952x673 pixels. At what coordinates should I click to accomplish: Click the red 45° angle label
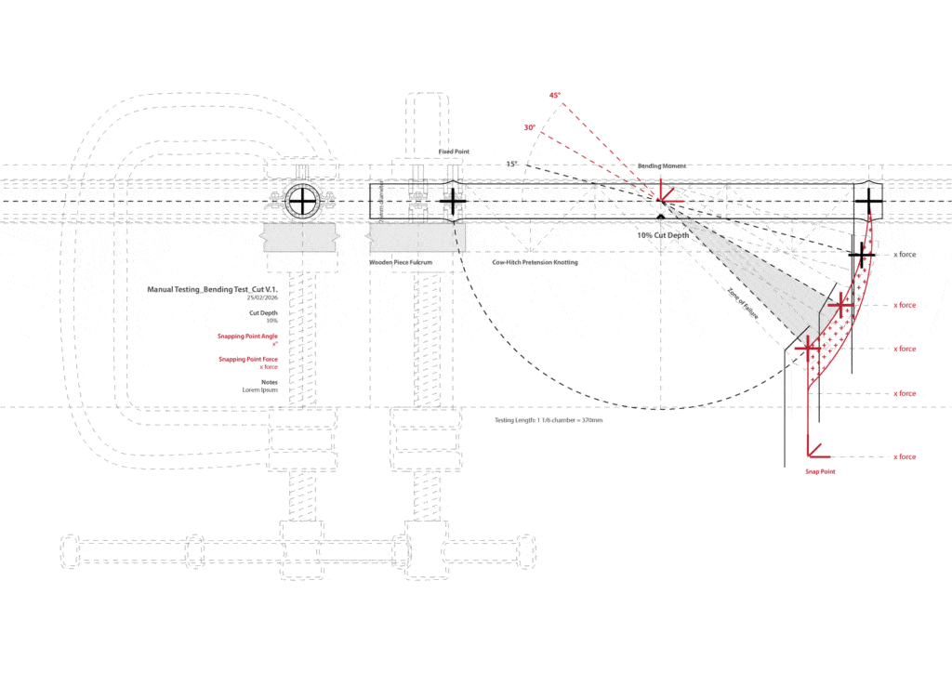pos(555,96)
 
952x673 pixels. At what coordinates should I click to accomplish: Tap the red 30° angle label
pos(529,128)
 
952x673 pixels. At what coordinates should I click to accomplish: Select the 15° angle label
pos(511,165)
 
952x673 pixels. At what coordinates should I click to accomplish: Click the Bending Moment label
pos(661,165)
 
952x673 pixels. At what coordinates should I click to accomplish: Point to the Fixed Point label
pos(454,151)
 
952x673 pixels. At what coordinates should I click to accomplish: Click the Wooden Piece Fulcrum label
pos(402,263)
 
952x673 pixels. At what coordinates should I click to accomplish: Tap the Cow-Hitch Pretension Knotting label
pos(535,263)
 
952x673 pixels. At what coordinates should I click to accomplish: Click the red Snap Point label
pos(820,472)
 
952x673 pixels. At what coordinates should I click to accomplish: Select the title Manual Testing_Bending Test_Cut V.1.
pos(212,289)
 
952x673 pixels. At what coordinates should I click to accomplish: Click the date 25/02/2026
pos(262,298)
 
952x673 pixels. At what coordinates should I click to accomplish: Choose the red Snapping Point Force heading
pos(248,359)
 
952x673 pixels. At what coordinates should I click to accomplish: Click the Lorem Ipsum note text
pos(261,390)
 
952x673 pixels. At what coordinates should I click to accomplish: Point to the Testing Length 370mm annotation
pos(548,421)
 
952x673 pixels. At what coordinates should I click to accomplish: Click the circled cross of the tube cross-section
pos(303,200)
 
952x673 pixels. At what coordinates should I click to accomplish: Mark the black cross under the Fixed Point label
pos(453,201)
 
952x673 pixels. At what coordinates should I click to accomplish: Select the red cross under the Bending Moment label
pos(662,200)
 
